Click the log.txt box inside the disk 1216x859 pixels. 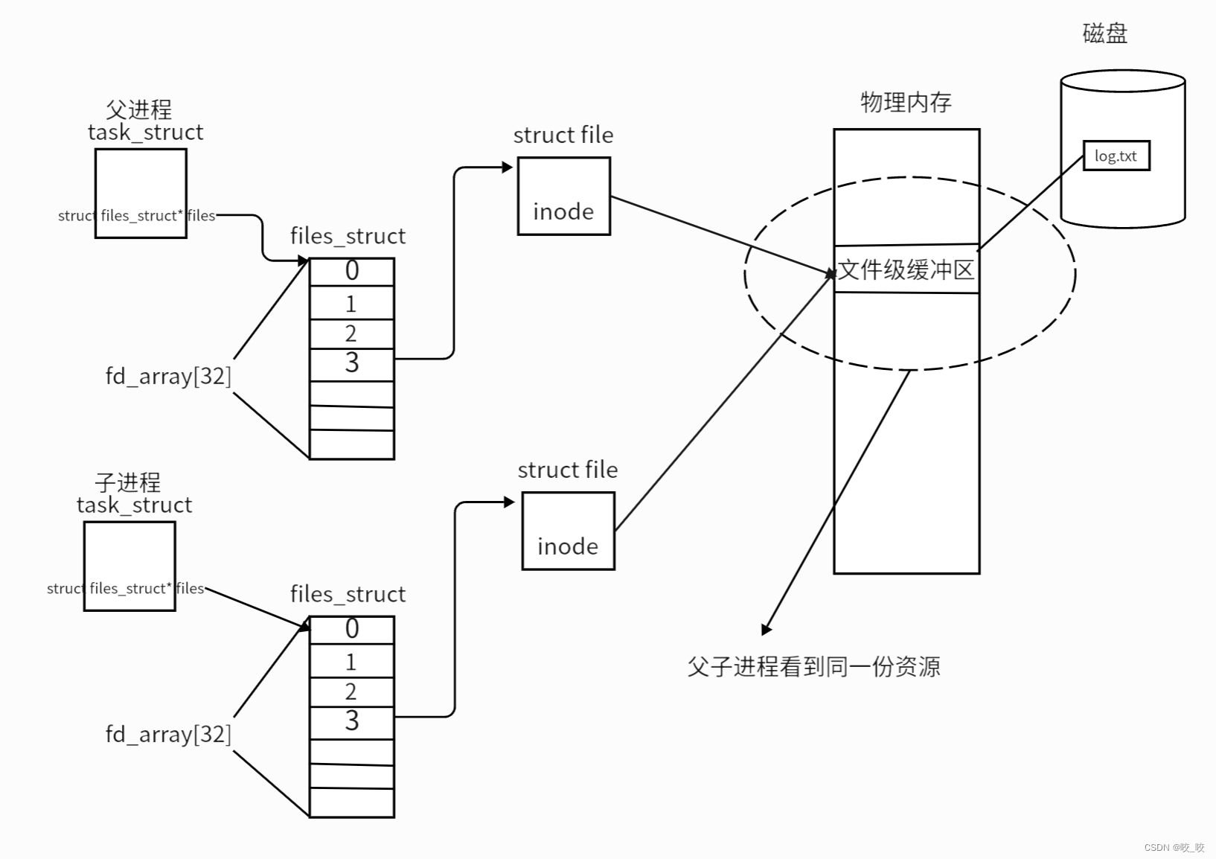(x=1116, y=156)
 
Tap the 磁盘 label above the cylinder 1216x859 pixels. (x=1104, y=33)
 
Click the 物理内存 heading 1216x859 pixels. (x=906, y=102)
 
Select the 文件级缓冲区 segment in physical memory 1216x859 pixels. (x=906, y=269)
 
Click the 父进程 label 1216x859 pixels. (x=138, y=109)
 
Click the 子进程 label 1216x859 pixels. (x=127, y=482)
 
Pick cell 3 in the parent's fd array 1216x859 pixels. (x=351, y=364)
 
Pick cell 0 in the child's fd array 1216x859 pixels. (x=351, y=630)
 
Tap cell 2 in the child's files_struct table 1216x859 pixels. (x=351, y=692)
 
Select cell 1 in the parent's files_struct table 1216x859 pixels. (x=351, y=304)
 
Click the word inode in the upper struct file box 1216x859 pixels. (x=563, y=212)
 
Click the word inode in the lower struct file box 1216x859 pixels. (x=568, y=547)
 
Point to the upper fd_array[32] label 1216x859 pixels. (x=168, y=376)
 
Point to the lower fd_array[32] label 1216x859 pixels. (x=168, y=734)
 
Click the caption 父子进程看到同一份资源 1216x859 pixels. (x=813, y=666)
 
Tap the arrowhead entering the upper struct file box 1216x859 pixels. (x=508, y=167)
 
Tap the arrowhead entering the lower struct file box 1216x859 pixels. (x=510, y=502)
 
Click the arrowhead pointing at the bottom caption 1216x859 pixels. (x=766, y=630)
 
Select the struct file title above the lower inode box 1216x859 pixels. (x=568, y=470)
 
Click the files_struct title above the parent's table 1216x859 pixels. (x=348, y=236)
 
